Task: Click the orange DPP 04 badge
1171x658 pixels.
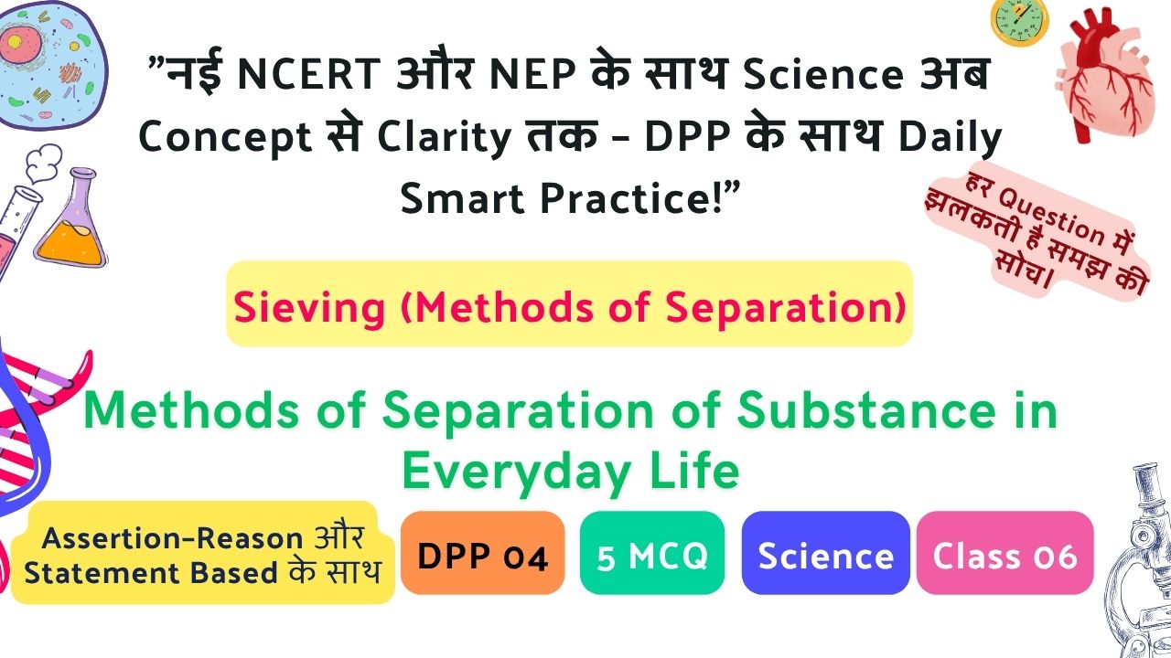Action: (x=482, y=553)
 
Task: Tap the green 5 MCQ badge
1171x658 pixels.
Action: (x=652, y=553)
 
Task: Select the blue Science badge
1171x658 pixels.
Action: (x=825, y=553)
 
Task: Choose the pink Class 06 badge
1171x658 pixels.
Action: (x=1004, y=553)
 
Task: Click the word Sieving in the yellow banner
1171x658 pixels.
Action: (x=309, y=308)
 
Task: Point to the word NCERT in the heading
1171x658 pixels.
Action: (x=308, y=74)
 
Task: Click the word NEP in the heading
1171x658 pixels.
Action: (x=533, y=74)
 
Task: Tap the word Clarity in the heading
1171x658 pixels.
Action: (x=444, y=138)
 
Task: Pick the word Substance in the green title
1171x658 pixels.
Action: (x=866, y=411)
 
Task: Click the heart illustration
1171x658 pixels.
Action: (x=1104, y=76)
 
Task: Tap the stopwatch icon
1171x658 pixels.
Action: (x=1019, y=22)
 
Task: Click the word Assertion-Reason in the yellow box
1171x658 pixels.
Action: (x=172, y=538)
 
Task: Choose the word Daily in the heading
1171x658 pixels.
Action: (x=950, y=138)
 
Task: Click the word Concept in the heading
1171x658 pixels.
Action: (x=225, y=138)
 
